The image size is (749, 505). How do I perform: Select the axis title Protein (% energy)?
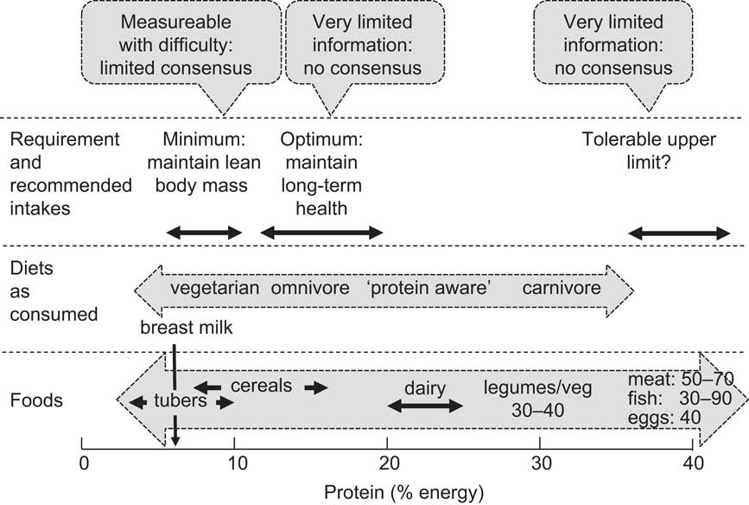click(405, 492)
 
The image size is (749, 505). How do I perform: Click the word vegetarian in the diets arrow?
click(214, 288)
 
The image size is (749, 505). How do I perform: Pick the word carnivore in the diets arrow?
click(562, 288)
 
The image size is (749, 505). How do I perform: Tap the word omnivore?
click(310, 288)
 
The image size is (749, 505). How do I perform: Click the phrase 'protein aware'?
click(430, 288)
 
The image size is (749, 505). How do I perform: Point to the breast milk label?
click(187, 326)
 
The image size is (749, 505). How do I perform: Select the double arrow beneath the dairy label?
click(425, 406)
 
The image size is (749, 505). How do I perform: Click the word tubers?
click(181, 402)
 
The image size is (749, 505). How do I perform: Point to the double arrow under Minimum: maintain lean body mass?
click(204, 232)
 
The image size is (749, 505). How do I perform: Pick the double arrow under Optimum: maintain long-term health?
click(321, 232)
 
